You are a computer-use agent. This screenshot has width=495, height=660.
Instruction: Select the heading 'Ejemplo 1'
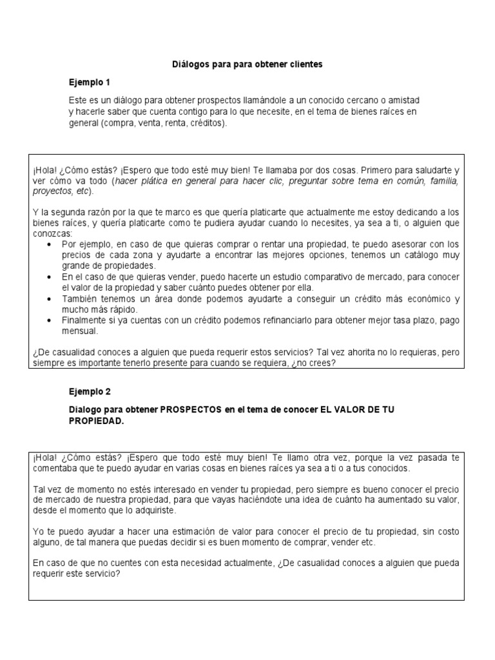click(90, 82)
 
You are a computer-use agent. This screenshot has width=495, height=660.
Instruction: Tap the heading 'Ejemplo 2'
click(90, 391)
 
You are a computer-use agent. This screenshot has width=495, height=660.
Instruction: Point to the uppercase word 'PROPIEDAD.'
click(95, 420)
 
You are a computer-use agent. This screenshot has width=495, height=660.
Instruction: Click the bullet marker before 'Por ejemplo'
click(51, 245)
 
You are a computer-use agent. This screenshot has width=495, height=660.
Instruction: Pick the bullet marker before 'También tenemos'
click(51, 300)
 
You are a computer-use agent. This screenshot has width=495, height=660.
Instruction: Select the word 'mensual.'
click(81, 331)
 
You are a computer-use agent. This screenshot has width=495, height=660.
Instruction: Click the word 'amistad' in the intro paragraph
click(403, 102)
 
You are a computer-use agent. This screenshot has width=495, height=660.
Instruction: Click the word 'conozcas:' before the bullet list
click(52, 234)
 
